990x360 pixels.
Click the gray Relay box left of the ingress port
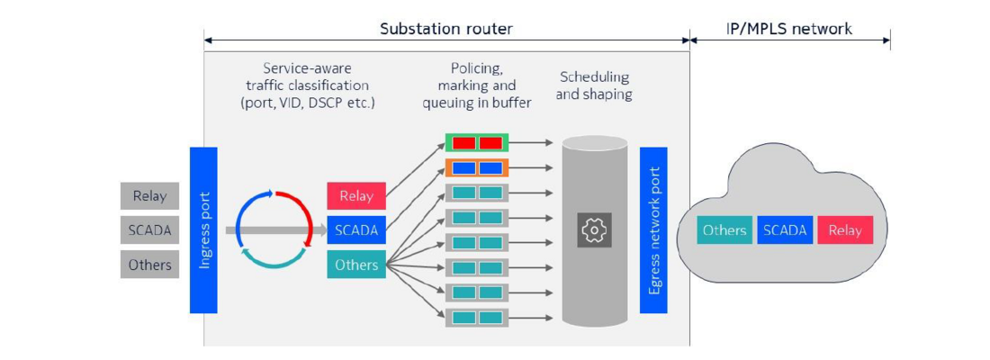149,196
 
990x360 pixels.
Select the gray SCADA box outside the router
149,230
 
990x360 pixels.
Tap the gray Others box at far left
149,265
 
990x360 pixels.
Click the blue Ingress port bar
203,230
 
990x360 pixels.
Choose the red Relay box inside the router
356,196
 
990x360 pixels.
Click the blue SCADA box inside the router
356,230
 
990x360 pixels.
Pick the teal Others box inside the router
356,265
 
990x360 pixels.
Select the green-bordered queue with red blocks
477,143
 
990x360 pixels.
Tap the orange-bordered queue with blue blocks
477,168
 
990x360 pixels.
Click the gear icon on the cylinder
594,230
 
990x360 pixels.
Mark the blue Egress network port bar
653,230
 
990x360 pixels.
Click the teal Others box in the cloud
724,230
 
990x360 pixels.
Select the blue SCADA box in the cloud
785,230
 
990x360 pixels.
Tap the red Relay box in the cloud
845,230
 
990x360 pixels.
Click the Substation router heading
446,29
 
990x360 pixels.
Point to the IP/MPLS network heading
789,29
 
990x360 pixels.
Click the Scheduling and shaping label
594,85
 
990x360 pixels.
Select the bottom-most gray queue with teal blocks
477,318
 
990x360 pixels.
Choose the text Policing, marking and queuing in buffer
477,85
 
